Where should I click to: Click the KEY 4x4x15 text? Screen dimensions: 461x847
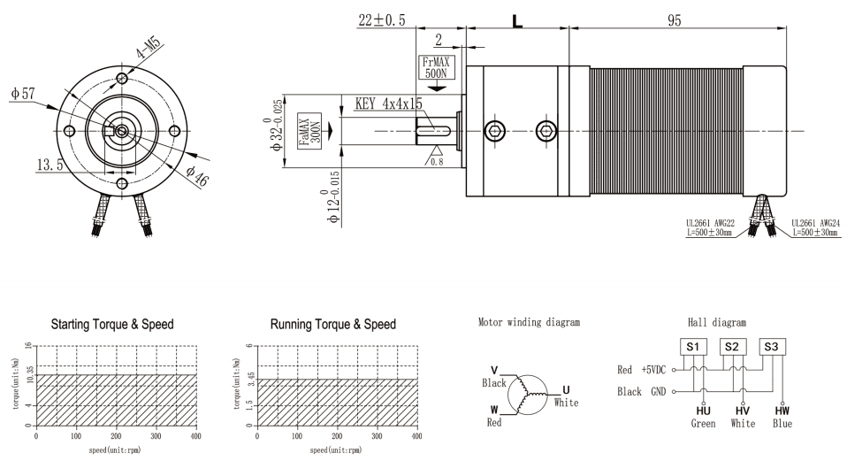tap(389, 104)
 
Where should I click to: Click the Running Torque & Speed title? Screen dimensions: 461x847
tap(332, 324)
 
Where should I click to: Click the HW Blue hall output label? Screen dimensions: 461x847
tap(782, 417)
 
